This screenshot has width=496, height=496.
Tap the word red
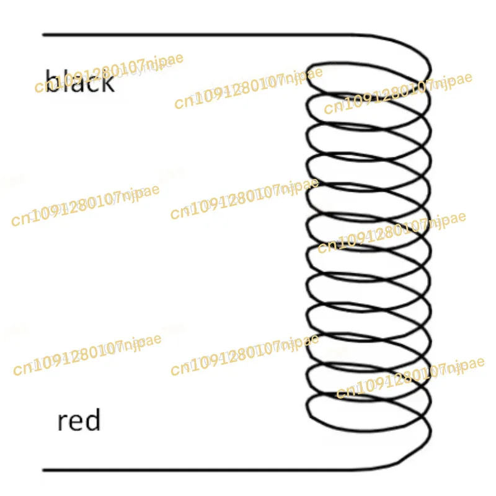[x=79, y=422]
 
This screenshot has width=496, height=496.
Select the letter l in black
[x=66, y=80]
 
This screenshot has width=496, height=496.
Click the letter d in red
[x=92, y=422]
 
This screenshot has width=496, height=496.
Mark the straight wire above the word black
[x=205, y=35]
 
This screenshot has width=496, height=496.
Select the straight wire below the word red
[x=205, y=469]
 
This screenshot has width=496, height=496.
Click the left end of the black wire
[x=43, y=35]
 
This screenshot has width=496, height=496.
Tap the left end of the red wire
[x=43, y=469]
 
